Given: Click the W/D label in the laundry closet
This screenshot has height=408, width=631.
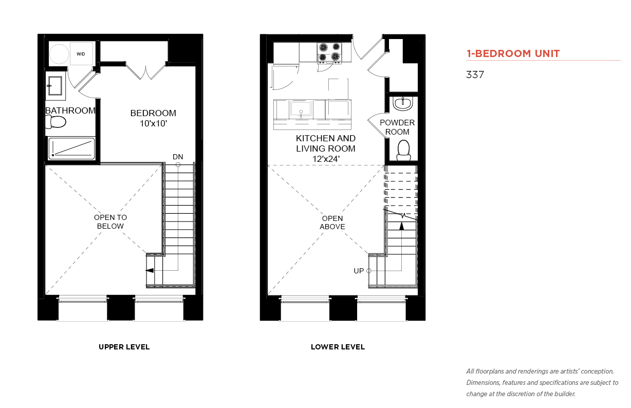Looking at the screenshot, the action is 81,54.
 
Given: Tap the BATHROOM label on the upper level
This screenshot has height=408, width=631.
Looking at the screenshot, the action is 70,110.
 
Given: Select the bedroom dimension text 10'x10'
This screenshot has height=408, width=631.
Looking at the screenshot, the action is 154,123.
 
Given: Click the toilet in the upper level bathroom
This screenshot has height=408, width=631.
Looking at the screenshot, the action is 56,122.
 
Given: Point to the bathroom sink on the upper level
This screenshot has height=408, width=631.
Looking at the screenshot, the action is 55,86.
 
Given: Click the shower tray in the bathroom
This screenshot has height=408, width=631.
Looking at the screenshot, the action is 71,148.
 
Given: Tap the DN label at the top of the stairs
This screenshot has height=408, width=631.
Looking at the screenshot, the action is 178,157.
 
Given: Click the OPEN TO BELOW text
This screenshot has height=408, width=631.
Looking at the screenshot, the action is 110,222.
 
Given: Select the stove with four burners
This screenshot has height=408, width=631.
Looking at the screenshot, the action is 329,52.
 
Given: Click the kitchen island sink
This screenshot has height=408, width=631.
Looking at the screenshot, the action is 301,109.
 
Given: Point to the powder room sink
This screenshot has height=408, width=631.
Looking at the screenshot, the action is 403,104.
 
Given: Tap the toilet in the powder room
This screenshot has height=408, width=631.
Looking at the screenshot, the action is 403,151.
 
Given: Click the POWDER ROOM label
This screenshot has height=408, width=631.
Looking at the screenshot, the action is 397,127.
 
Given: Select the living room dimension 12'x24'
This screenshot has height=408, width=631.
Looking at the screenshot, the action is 326,159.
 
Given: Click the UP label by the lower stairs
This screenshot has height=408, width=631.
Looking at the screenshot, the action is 359,271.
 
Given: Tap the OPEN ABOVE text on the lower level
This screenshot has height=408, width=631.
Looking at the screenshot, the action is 332,222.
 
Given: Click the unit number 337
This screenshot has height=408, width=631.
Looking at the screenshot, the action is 475,75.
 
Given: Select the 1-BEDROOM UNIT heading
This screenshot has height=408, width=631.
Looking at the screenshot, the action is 513,53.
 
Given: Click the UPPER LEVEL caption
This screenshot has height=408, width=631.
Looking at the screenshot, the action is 124,347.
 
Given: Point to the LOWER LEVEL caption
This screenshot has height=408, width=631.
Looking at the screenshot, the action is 338,347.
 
